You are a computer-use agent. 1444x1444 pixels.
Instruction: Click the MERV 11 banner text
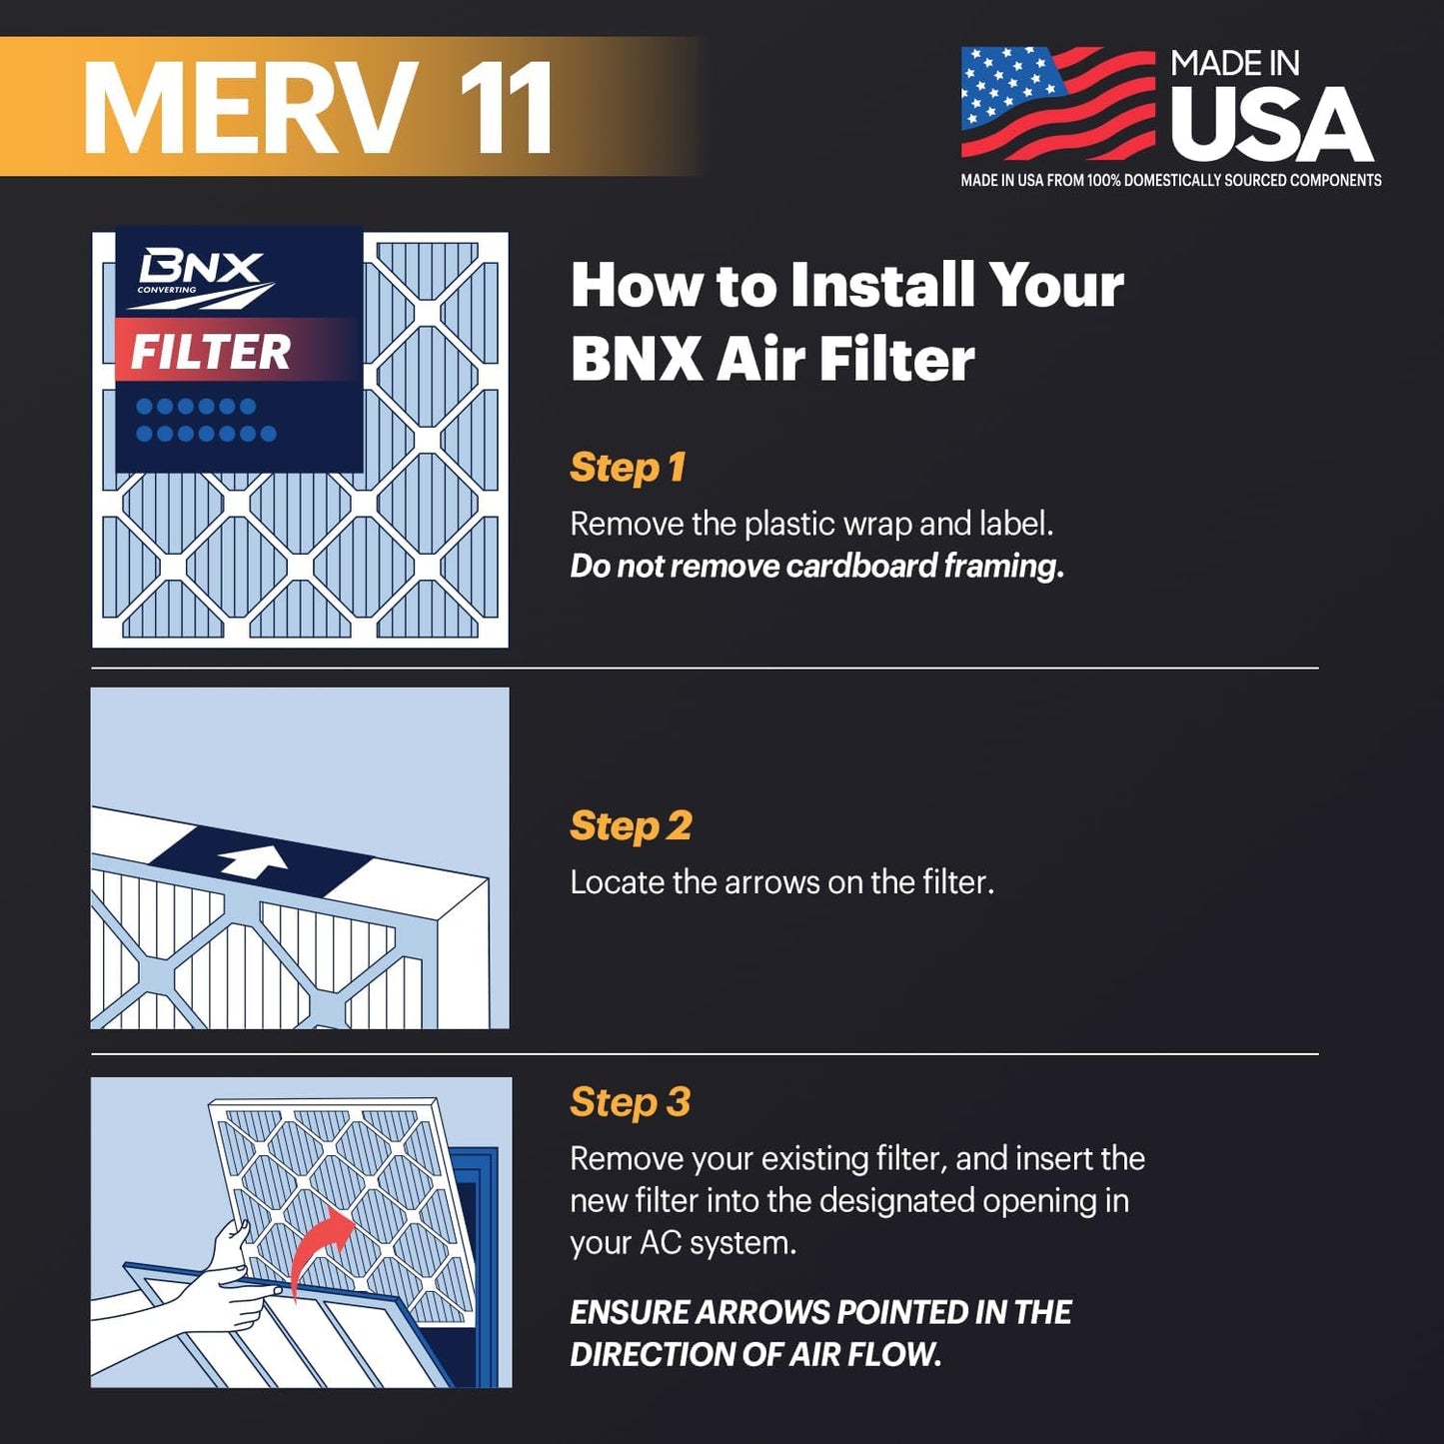(x=318, y=108)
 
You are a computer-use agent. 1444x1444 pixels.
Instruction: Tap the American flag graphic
(x=1057, y=103)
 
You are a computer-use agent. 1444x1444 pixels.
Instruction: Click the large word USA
(x=1271, y=125)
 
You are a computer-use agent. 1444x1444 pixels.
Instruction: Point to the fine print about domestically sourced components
(x=1170, y=181)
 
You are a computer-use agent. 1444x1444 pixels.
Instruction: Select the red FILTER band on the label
(x=235, y=351)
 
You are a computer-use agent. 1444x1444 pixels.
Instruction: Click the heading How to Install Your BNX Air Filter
(x=845, y=322)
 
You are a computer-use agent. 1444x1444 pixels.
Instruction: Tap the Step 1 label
(x=627, y=468)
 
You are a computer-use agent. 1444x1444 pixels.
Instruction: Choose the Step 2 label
(x=630, y=826)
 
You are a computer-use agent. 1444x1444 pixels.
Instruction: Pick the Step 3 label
(x=630, y=1102)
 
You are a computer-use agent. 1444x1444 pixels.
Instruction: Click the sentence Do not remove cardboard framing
(x=816, y=567)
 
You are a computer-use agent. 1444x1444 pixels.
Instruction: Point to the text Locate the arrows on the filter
(x=781, y=882)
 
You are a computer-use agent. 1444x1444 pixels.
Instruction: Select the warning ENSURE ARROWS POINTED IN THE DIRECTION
(x=819, y=1333)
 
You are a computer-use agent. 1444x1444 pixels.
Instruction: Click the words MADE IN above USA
(x=1234, y=64)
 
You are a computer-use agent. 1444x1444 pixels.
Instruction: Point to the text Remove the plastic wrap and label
(x=810, y=524)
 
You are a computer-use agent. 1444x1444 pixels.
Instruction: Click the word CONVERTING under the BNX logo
(x=167, y=290)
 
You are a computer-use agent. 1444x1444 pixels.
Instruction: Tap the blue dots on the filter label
(x=205, y=420)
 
